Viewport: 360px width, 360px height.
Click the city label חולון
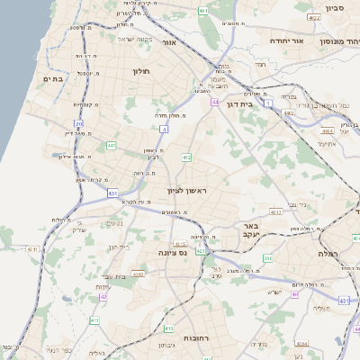point(140,70)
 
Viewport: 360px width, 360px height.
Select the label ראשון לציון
point(186,190)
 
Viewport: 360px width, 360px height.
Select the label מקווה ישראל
point(136,40)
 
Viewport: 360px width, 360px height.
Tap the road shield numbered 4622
point(313,18)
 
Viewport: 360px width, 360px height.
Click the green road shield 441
point(112,145)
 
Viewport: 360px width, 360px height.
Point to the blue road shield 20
point(78,123)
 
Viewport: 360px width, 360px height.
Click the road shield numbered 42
point(104,296)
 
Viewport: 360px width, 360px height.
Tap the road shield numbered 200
point(268,259)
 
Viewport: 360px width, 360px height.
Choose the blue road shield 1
point(268,104)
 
